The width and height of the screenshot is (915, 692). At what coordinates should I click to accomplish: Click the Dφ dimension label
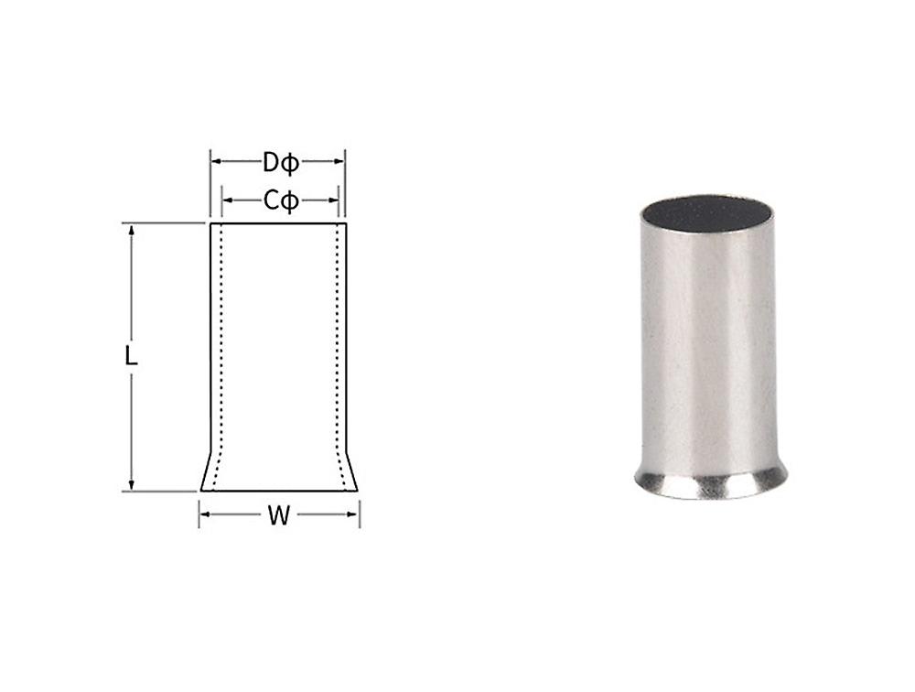pos(280,163)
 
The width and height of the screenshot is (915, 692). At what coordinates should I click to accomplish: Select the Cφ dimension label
pos(280,200)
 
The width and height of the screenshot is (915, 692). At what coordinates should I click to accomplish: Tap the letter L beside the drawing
pos(132,356)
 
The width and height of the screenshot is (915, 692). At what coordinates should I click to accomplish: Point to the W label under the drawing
pos(279,516)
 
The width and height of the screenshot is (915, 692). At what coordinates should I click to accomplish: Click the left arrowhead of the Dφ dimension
pos(216,162)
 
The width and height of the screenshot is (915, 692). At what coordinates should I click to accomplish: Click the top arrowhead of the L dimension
pos(132,230)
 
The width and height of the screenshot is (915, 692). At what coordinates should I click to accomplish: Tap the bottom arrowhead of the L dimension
pos(132,485)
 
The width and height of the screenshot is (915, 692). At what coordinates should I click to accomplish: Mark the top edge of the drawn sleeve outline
pos(279,223)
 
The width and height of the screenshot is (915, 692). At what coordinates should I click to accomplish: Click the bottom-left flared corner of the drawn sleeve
pos(202,490)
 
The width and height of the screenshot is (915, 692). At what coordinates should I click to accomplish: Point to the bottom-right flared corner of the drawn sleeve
pos(356,490)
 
